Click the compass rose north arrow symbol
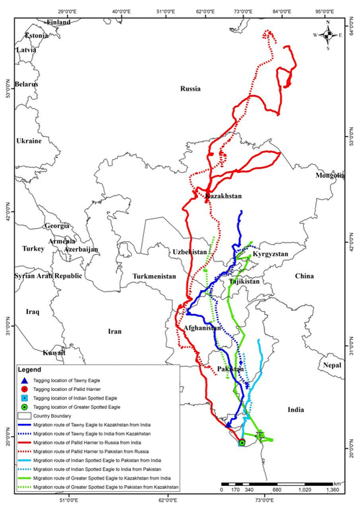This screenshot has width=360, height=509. tap(328, 34)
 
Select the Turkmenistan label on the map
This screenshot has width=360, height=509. tap(153, 276)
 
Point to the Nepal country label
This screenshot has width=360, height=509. tap(331, 365)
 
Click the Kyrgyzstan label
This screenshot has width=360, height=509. tap(271, 255)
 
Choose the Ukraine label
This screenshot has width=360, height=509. tap(29, 141)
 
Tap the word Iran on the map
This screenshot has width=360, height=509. tap(114, 332)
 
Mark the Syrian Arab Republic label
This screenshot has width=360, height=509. tap(45, 276)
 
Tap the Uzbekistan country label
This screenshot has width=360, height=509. tap(190, 252)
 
